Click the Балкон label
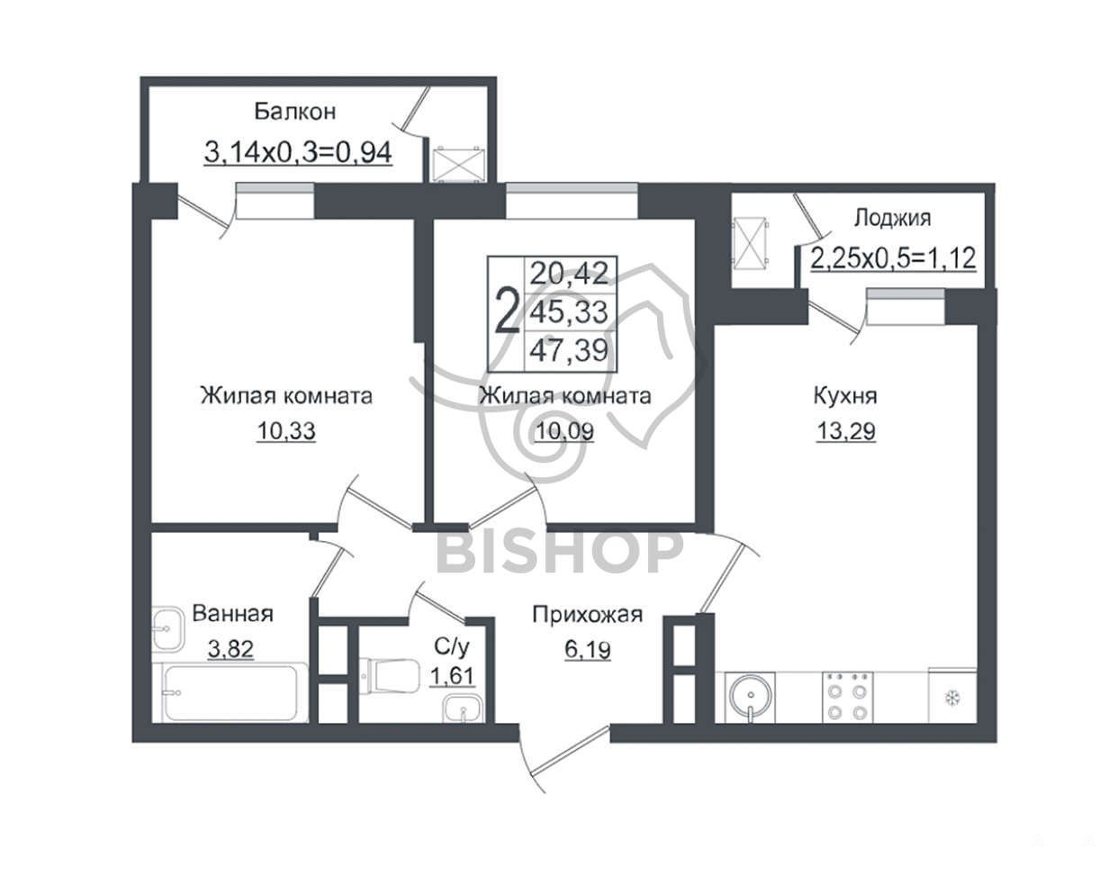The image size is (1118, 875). (x=295, y=111)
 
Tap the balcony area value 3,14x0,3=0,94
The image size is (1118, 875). (x=298, y=152)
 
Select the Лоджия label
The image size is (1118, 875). (x=892, y=218)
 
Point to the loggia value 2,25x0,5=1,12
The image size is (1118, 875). (x=893, y=257)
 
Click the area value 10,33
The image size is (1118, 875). (x=286, y=431)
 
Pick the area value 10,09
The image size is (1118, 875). (x=564, y=431)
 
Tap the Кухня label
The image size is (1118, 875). (x=845, y=396)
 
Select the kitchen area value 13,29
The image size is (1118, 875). (x=846, y=431)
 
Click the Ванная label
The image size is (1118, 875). (x=232, y=613)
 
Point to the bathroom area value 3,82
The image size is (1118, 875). (x=230, y=649)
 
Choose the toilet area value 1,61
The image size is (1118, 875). (x=452, y=676)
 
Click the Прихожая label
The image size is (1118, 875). (x=588, y=615)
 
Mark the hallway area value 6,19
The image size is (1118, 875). (x=588, y=650)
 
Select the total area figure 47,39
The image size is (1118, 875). (x=570, y=351)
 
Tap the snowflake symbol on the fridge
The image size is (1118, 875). (x=952, y=699)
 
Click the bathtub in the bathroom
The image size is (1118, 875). (x=230, y=692)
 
